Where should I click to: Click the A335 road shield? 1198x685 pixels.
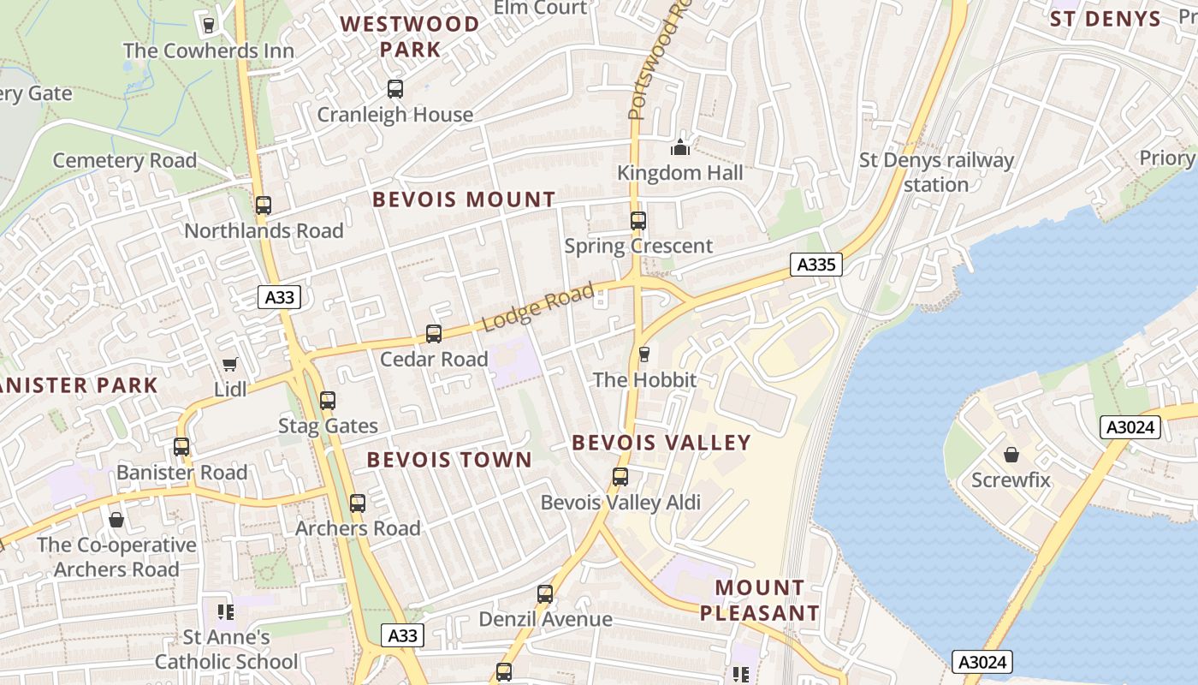pos(815,265)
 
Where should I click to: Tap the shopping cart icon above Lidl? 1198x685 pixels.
pos(229,365)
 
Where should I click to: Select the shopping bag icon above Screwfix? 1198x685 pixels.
pos(1011,455)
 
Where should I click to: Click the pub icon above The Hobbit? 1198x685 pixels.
pos(644,354)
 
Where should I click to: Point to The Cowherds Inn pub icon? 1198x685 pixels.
pos(208,25)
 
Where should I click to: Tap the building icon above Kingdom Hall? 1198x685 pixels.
pos(680,147)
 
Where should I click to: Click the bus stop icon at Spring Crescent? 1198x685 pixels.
pos(638,221)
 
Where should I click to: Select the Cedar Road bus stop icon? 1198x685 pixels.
pos(434,334)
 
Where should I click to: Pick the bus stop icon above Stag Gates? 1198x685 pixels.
pos(327,400)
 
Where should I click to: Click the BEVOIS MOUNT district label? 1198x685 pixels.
pos(464,200)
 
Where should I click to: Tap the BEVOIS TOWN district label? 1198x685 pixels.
pos(449,460)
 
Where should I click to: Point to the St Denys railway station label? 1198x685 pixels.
pos(936,172)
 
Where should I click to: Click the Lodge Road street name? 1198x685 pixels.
pos(538,308)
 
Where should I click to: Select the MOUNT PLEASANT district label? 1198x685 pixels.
pos(760,600)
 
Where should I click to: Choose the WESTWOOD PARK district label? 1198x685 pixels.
pos(411,36)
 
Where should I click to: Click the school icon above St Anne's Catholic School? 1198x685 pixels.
pos(226,611)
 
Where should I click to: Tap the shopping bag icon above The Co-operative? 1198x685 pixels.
pos(116,520)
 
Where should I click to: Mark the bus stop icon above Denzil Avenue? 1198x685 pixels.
pos(545,593)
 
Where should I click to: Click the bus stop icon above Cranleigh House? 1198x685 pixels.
pos(394,89)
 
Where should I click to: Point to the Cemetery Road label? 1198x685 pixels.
pos(125,160)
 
